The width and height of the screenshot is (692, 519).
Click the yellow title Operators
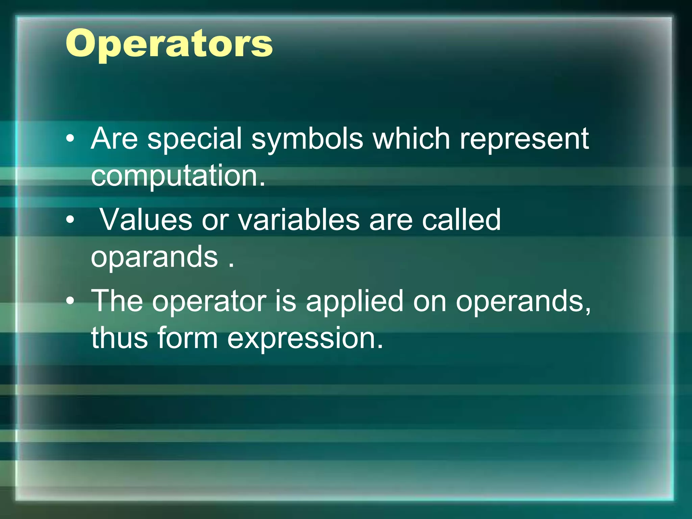(x=169, y=44)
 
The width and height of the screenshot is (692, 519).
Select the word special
(x=195, y=139)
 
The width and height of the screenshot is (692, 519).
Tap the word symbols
(x=307, y=139)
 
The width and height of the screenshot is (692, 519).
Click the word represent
(x=524, y=139)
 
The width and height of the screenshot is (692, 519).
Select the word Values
(x=146, y=220)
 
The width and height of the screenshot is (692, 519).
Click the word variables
(x=299, y=220)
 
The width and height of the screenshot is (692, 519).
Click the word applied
(x=354, y=302)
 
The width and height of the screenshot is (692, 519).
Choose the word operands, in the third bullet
(x=523, y=302)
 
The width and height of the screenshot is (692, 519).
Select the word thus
(x=119, y=338)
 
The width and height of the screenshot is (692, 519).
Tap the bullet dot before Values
(x=70, y=220)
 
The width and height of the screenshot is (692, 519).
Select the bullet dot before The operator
(x=70, y=301)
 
